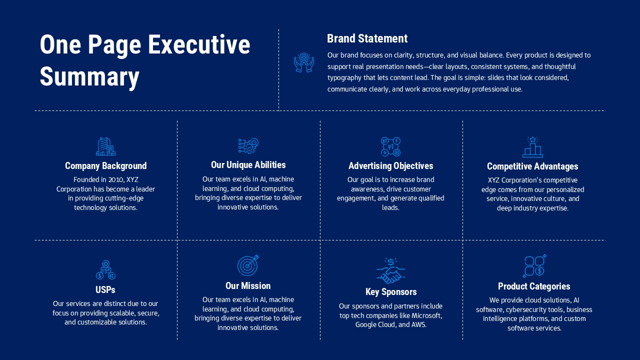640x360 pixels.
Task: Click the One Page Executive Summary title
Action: pos(144,60)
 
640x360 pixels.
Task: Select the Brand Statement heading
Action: pos(367,38)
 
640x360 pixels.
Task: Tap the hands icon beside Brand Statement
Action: pos(303,63)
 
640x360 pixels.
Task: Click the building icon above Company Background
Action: pos(105,146)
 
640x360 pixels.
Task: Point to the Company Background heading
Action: pos(105,166)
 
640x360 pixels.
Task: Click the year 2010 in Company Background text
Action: pos(113,180)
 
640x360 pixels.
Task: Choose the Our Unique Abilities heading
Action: pos(248,165)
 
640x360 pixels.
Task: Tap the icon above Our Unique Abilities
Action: pos(248,146)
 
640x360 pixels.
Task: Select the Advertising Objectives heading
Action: pos(390,166)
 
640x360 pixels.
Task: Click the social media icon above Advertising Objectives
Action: pos(390,146)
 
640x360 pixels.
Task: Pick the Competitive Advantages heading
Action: pos(532,166)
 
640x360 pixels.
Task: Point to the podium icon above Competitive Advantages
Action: pos(532,147)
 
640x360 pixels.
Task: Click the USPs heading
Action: pos(105,290)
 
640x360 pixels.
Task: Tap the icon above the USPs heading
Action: pos(105,270)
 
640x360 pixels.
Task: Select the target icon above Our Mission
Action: pos(248,265)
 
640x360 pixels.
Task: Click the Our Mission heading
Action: pos(248,286)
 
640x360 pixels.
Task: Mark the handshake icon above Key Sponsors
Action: pos(390,270)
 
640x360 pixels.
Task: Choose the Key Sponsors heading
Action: pos(390,292)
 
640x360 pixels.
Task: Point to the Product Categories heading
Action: pos(533,286)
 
